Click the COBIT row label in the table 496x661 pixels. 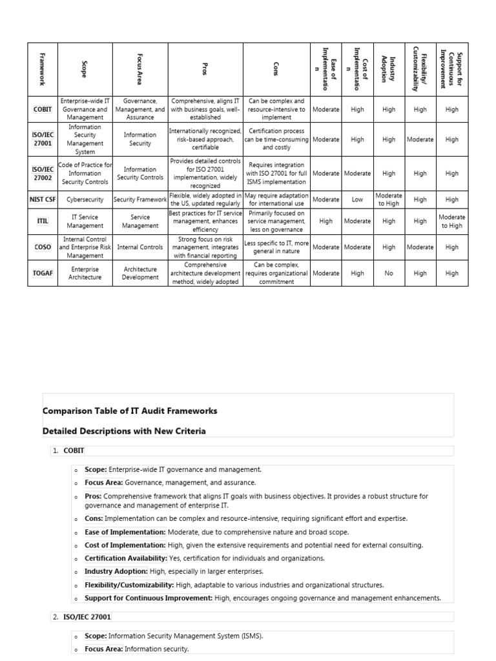(43, 110)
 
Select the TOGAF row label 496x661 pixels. (43, 273)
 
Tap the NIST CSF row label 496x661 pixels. (43, 199)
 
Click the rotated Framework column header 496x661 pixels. (43, 70)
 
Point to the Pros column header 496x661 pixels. (205, 70)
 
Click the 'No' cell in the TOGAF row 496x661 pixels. (388, 273)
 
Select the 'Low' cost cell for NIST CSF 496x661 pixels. (357, 199)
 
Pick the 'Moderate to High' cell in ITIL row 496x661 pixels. (451, 221)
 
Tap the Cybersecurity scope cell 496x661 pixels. (85, 199)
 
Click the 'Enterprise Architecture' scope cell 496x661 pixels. (85, 273)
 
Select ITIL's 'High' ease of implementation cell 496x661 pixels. (325, 221)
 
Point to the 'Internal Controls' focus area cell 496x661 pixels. (140, 247)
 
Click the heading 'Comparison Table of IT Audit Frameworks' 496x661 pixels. (130, 411)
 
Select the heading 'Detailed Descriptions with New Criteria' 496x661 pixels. (124, 431)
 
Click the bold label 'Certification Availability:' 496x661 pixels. (125, 558)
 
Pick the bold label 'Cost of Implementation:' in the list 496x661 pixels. (125, 545)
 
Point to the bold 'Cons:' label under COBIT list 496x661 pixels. (94, 518)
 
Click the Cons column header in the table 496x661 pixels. (276, 70)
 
